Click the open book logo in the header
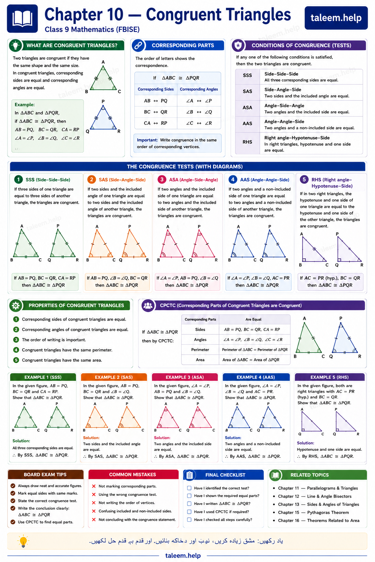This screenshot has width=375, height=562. coord(22,19)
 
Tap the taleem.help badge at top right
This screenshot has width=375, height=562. coord(336,18)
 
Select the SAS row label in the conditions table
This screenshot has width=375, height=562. coord(248,91)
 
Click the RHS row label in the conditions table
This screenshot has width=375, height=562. coord(248,142)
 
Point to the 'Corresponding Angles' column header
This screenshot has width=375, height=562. coord(199,89)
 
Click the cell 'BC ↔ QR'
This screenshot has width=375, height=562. coord(156,112)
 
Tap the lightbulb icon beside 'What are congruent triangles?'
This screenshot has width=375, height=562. coord(15,45)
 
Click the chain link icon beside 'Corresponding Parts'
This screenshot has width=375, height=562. coord(138,45)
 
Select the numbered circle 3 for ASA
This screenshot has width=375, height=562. coord(162,179)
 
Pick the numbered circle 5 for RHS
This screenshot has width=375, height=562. coord(304,179)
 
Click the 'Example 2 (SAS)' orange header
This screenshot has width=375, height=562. coord(114,377)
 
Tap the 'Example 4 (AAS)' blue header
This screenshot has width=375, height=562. coord(256,377)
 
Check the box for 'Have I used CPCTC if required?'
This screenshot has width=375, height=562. coord(189,512)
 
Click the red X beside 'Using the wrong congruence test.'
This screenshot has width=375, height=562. coord(94,495)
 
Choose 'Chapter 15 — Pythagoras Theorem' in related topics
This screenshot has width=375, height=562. coord(313,512)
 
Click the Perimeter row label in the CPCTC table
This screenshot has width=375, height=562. coord(200,350)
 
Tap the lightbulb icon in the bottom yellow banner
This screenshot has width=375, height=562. coord(23,541)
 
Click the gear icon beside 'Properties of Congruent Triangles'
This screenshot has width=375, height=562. coord(16,306)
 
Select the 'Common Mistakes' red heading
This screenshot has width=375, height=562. coord(133,475)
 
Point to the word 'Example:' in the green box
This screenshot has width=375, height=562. coord(25,105)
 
